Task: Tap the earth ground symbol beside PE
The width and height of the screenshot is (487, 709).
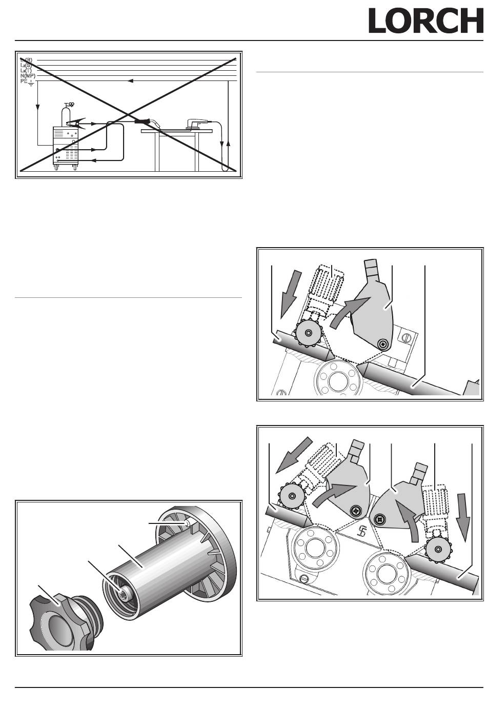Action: pyautogui.click(x=31, y=82)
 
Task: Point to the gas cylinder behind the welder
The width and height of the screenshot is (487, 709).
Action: pyautogui.click(x=65, y=115)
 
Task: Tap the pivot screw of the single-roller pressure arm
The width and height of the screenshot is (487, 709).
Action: pyautogui.click(x=382, y=344)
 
